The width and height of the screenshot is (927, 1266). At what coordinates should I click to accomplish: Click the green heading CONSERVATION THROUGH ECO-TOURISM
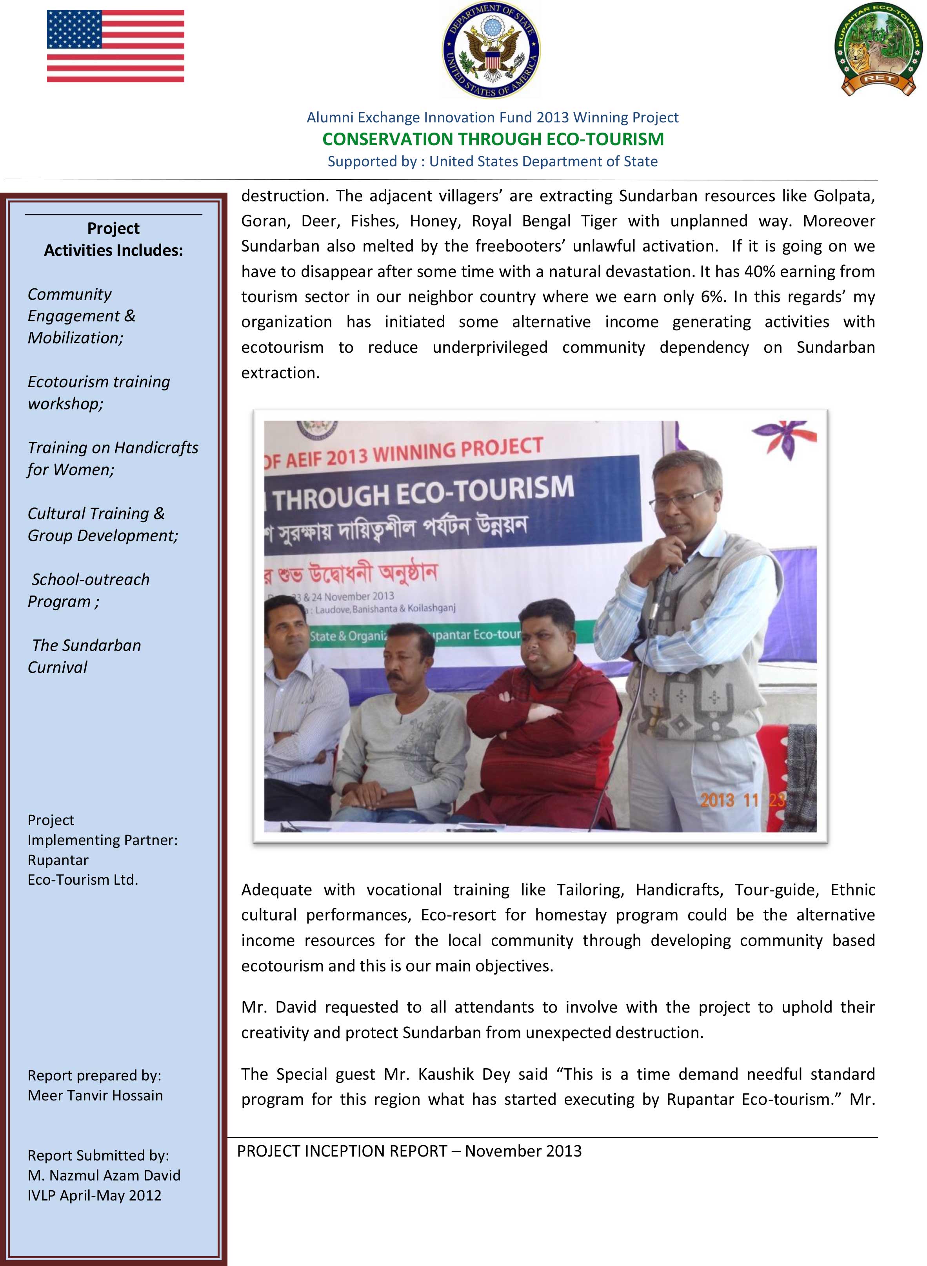pos(493,138)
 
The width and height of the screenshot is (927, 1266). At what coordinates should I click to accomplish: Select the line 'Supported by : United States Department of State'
pos(492,161)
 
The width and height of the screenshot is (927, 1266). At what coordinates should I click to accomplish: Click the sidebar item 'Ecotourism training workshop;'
pos(99,392)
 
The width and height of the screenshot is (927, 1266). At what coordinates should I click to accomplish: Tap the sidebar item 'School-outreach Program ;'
pos(89,590)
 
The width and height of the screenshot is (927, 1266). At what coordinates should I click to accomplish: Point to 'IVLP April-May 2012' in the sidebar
pos(94,1195)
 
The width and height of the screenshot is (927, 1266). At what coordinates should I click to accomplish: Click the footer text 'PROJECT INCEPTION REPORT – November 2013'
pos(409,1151)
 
